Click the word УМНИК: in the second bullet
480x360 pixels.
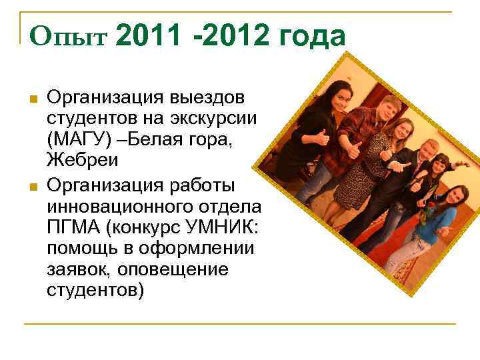[225, 228]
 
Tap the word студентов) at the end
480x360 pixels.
[95, 292]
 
